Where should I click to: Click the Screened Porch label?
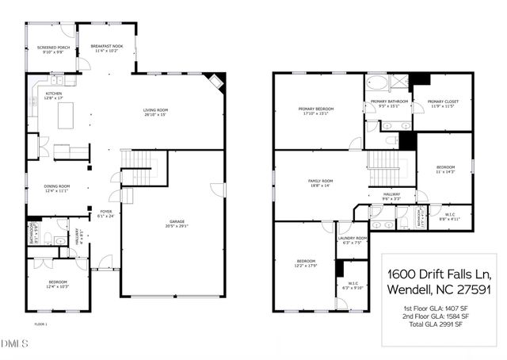pyautogui.click(x=53, y=48)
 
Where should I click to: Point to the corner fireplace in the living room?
pyautogui.click(x=215, y=81)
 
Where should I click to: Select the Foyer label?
pyautogui.click(x=105, y=212)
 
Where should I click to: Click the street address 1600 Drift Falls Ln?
pyautogui.click(x=438, y=274)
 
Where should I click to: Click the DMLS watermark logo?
pyautogui.click(x=14, y=343)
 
